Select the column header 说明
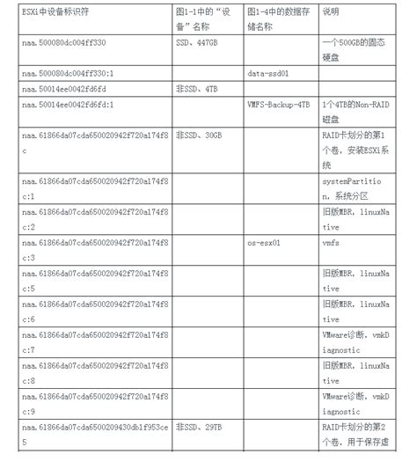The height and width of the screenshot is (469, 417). pyautogui.click(x=331, y=12)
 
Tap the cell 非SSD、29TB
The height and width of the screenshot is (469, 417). pyautogui.click(x=198, y=426)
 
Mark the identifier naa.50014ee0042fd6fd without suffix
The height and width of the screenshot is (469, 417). pyautogui.click(x=66, y=91)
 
